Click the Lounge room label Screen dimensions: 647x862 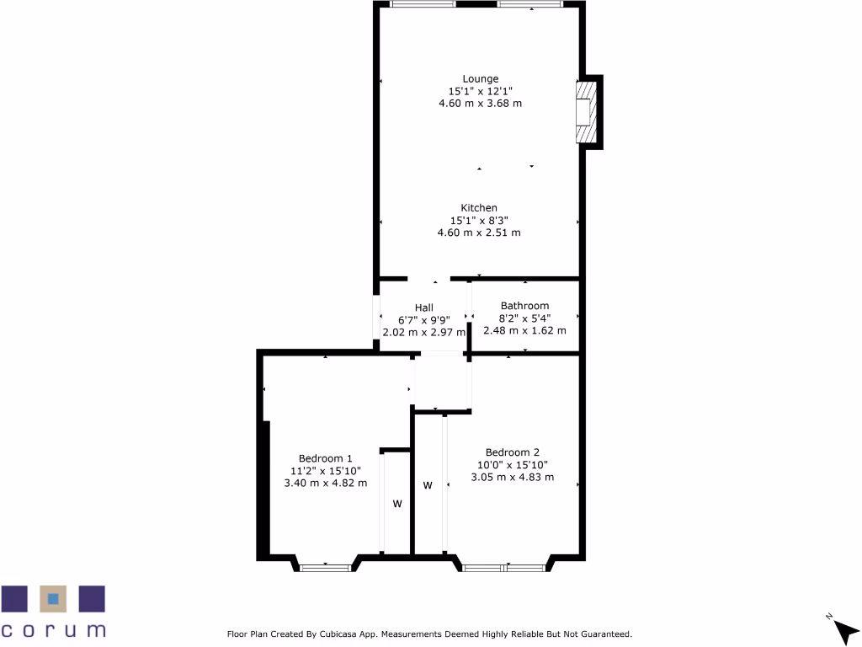coord(480,79)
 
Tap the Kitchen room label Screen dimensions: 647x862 coord(479,208)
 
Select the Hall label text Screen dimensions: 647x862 coord(423,307)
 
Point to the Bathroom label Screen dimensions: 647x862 coord(524,306)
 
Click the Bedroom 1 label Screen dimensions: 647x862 coord(325,458)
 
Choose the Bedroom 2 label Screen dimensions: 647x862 coord(512,452)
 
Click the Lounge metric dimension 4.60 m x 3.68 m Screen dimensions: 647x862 coord(480,104)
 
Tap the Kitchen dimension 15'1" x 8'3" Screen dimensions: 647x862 coord(479,221)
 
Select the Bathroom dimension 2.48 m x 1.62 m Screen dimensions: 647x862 coord(524,330)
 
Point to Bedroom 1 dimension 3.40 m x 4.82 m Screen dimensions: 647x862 coord(326,483)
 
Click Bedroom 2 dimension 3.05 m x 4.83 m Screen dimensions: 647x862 coord(512,477)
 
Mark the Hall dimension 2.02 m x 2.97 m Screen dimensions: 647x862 coord(424,332)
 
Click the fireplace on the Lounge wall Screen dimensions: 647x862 coord(584,113)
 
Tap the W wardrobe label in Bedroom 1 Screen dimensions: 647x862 coord(397,504)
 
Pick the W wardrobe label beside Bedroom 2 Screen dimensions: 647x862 coord(428,485)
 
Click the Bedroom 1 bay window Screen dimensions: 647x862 coord(326,567)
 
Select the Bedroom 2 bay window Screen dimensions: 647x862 coord(504,567)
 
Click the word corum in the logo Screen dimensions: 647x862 coord(53,629)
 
